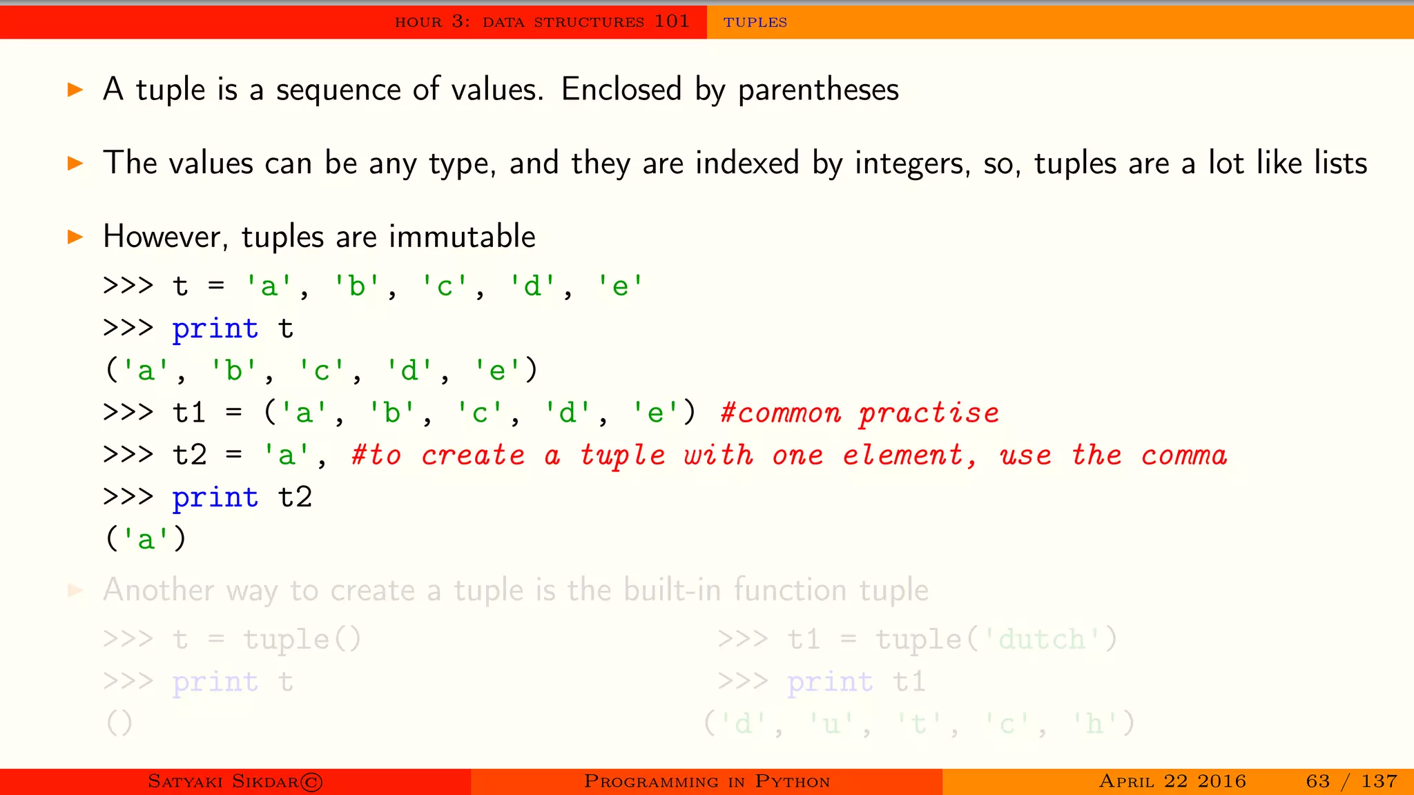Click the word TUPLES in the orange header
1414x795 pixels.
pyautogui.click(x=755, y=22)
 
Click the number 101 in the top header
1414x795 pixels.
pyautogui.click(x=671, y=21)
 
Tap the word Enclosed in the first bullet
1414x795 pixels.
pyautogui.click(x=621, y=90)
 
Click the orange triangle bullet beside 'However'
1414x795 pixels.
pyautogui.click(x=75, y=237)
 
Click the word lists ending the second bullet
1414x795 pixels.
pyautogui.click(x=1340, y=164)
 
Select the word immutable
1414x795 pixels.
pyautogui.click(x=462, y=237)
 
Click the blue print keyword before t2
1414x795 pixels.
pyautogui.click(x=215, y=498)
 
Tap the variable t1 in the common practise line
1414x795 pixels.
pyautogui.click(x=188, y=413)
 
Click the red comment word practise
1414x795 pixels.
pyautogui.click(x=929, y=413)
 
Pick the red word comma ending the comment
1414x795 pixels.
pyautogui.click(x=1183, y=455)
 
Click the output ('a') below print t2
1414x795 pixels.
pyautogui.click(x=146, y=539)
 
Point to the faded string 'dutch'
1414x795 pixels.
pyautogui.click(x=1041, y=640)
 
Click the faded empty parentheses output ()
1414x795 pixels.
pyautogui.click(x=119, y=723)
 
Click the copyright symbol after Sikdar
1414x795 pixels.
pyautogui.click(x=311, y=782)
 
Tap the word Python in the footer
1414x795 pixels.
pyautogui.click(x=792, y=782)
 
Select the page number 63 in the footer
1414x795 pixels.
pyautogui.click(x=1317, y=781)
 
